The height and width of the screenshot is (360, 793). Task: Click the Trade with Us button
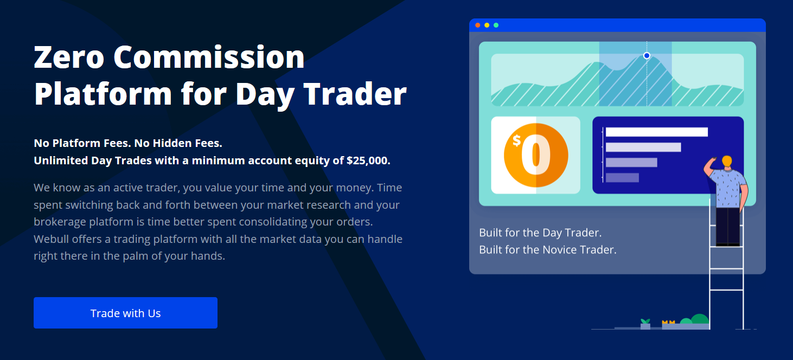click(125, 313)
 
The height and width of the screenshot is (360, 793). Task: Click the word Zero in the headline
click(69, 57)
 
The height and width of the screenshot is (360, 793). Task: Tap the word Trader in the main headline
click(355, 94)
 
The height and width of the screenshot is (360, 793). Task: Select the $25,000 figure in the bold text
click(368, 160)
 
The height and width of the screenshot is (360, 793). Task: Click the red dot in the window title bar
click(477, 25)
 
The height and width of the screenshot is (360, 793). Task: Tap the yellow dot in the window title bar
click(487, 25)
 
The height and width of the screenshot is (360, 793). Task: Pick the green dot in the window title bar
click(496, 25)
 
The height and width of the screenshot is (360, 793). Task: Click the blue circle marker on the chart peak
click(647, 56)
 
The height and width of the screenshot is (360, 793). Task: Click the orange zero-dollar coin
click(536, 155)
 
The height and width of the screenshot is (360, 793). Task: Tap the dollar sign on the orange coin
click(517, 140)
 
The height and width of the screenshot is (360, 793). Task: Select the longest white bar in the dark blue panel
click(657, 132)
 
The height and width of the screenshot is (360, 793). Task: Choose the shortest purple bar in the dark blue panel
click(622, 178)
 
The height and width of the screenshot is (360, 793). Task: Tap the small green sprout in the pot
click(645, 322)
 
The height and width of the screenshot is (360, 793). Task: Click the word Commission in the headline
click(209, 57)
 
